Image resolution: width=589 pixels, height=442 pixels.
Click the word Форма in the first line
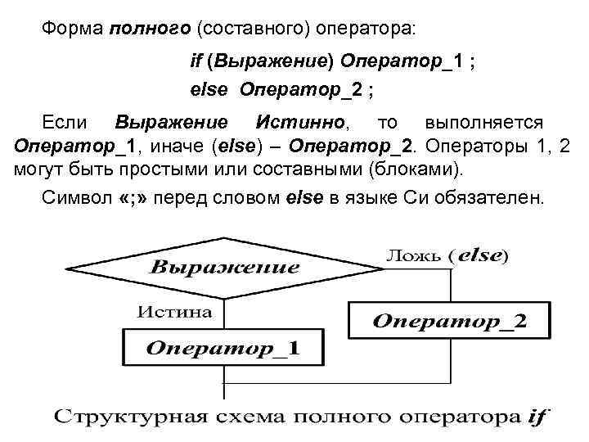coord(73,28)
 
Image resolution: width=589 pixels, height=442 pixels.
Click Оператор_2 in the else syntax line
coord(301,89)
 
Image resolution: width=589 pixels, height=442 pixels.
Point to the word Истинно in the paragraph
coord(302,123)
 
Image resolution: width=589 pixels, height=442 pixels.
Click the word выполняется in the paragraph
coord(483,123)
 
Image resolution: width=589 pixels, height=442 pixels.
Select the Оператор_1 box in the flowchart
coord(223,348)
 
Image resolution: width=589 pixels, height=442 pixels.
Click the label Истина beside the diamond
coord(174,312)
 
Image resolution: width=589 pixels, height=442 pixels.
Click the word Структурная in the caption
coord(113,417)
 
